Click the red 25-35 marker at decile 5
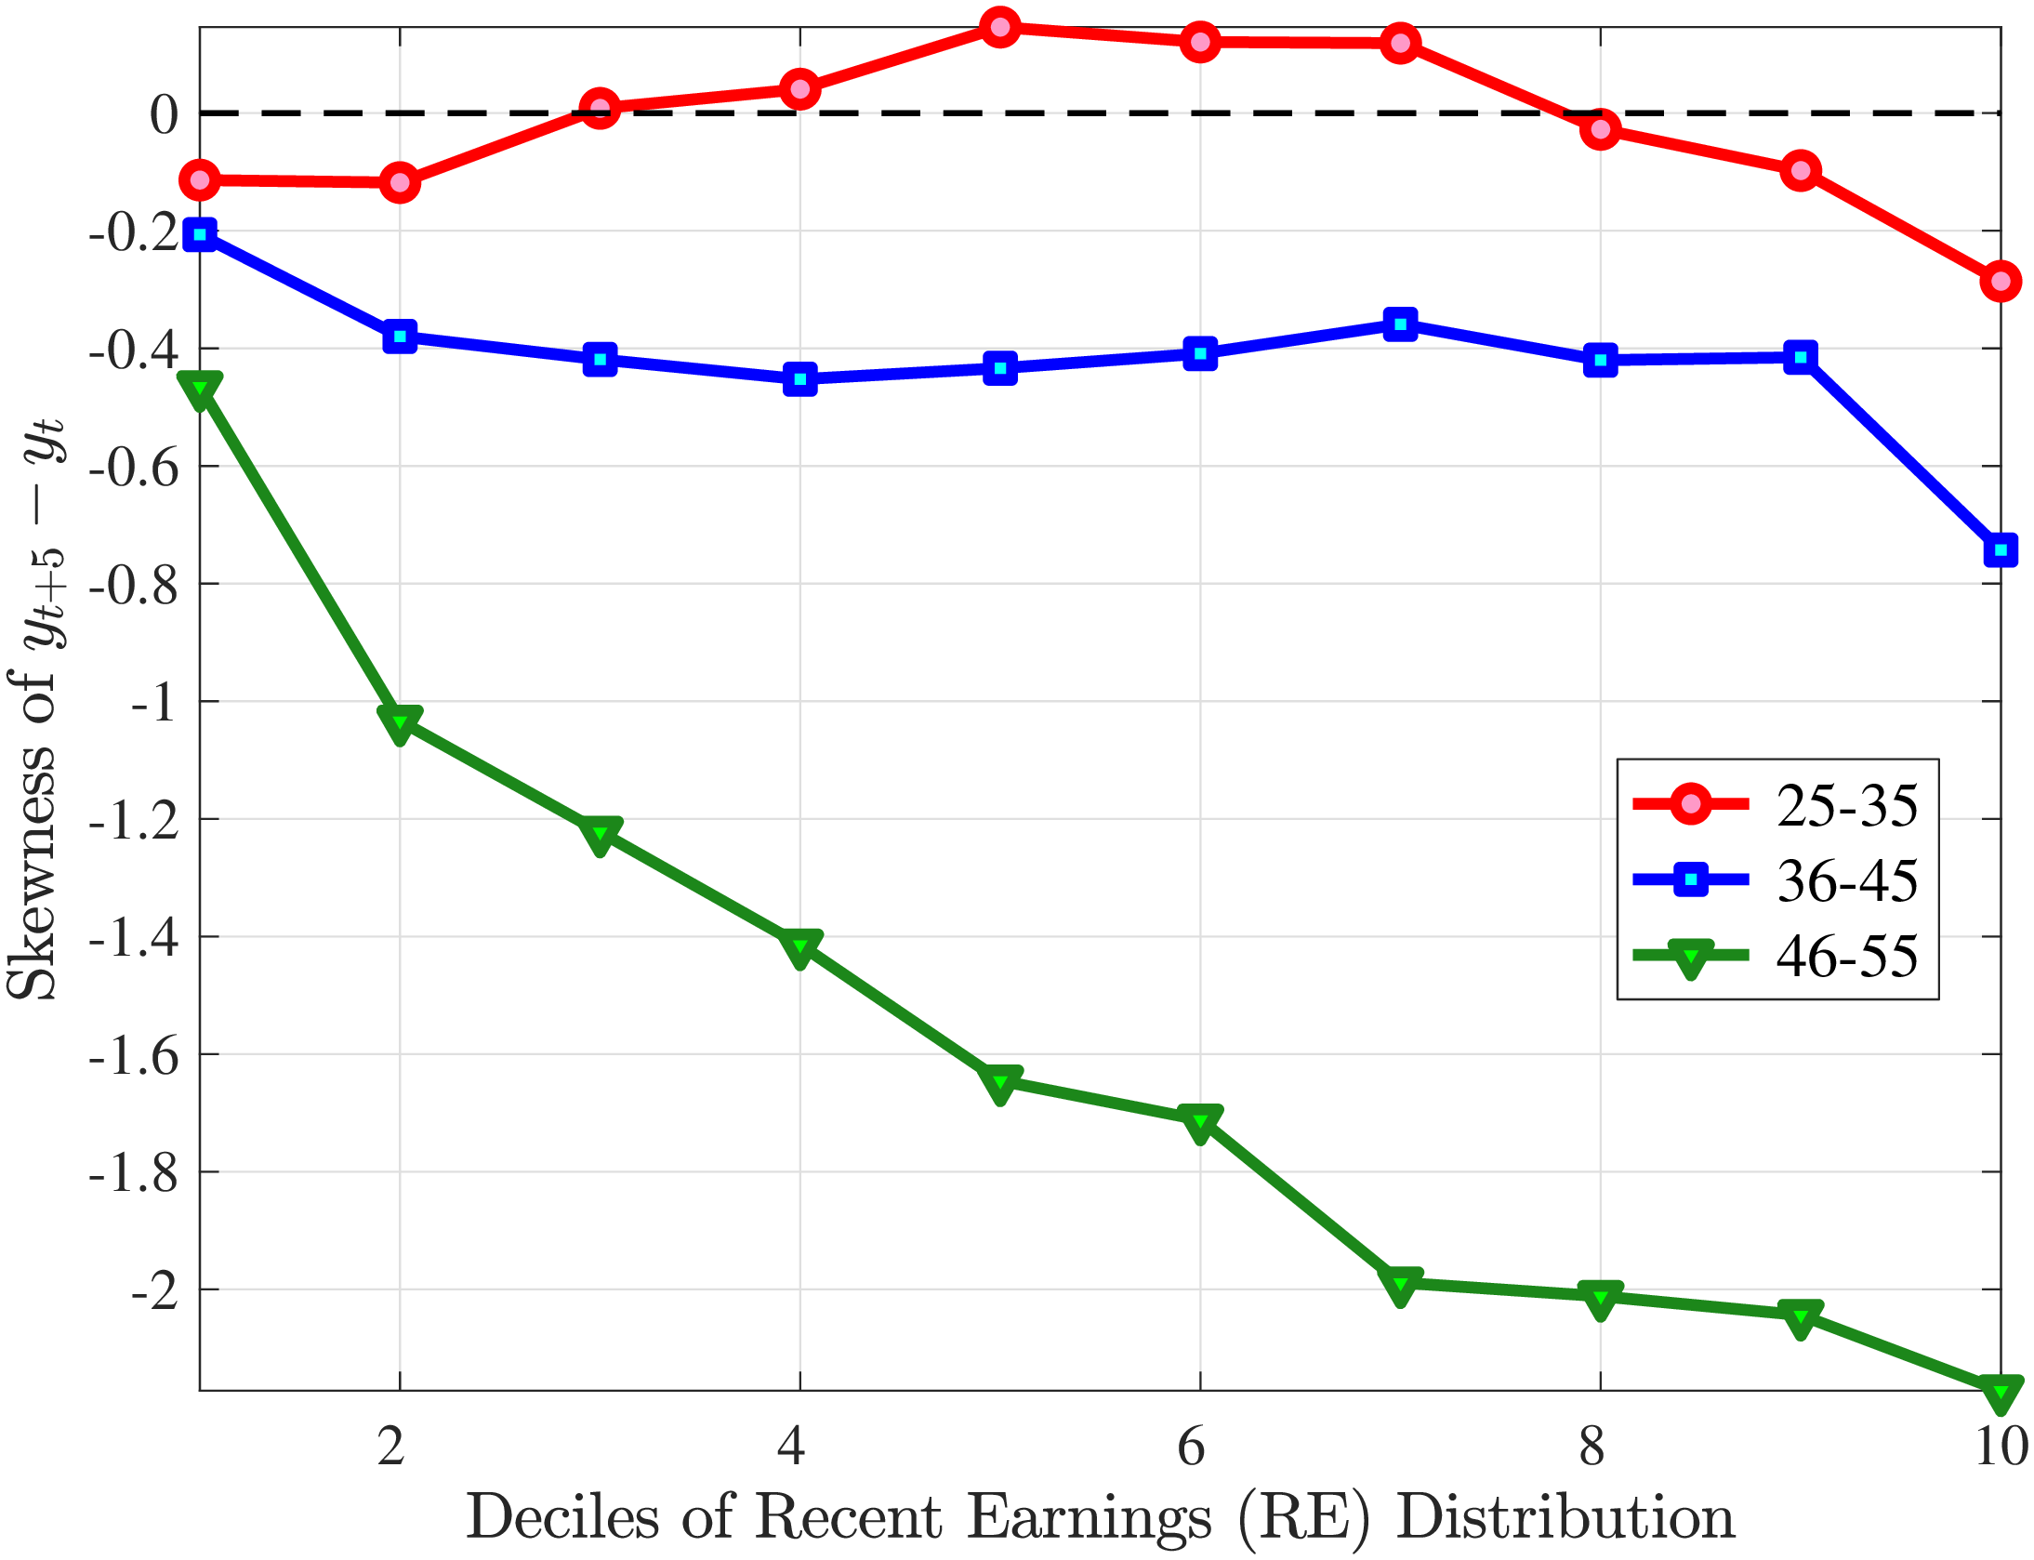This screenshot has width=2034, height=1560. [x=999, y=27]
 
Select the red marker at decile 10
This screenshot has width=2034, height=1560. [x=2001, y=281]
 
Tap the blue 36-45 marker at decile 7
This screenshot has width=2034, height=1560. [x=1400, y=324]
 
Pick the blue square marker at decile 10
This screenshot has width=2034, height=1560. [x=2001, y=550]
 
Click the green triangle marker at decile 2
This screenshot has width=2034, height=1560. [x=400, y=722]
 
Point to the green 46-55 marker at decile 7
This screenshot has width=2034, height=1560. [x=1400, y=1284]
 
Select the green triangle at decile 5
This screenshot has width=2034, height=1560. [x=999, y=1081]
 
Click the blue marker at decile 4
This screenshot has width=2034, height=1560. [x=799, y=378]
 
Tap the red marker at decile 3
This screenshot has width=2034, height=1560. [x=600, y=109]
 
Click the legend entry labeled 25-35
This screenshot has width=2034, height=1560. [x=1846, y=805]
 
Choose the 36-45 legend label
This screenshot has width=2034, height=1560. [x=1846, y=880]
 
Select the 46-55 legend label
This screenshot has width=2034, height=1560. [x=1846, y=956]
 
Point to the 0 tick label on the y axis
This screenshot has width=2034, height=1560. [x=164, y=114]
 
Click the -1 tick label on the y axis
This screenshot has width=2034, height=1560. [x=153, y=703]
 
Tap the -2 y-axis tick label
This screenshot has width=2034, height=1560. [x=153, y=1291]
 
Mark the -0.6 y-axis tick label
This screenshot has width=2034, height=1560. [x=134, y=468]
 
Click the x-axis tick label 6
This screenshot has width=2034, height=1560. [x=1191, y=1447]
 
